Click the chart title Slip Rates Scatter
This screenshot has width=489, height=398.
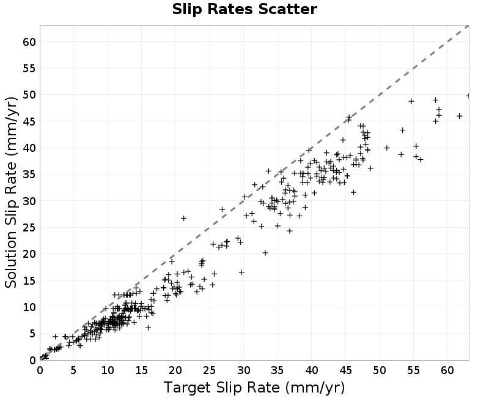244,9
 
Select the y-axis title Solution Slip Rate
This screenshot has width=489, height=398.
11,192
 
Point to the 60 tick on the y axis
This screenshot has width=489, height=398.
29,42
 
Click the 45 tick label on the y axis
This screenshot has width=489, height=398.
29,121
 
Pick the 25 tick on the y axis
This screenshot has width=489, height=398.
29,227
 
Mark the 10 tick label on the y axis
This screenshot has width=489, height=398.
29,307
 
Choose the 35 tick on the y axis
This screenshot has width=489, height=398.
29,175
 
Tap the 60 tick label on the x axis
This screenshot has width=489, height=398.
447,370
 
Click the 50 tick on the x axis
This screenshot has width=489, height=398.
380,370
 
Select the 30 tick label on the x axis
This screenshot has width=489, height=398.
244,370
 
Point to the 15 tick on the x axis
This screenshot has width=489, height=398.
142,370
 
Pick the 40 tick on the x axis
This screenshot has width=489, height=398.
312,370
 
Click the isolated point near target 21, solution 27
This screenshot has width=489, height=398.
184,219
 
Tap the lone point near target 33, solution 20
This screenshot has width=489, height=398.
265,253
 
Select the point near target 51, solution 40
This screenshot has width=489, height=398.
387,148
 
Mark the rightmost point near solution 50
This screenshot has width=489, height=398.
468,96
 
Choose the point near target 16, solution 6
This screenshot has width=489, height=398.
149,328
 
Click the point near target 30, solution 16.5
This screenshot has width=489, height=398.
241,272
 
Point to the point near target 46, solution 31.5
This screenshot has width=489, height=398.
353,192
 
